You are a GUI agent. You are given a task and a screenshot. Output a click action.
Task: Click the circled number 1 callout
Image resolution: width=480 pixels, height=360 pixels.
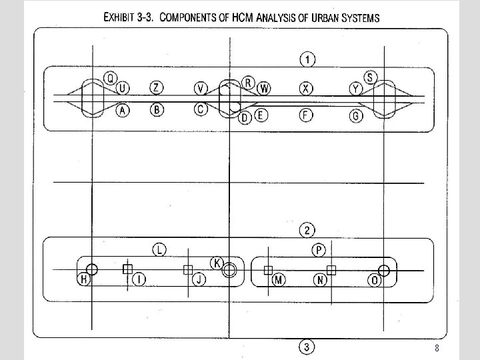pyautogui.click(x=307, y=60)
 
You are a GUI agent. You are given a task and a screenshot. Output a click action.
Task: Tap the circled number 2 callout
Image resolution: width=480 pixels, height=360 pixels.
pyautogui.click(x=307, y=231)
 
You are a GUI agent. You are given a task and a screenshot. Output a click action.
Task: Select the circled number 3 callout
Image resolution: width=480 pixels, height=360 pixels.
pyautogui.click(x=306, y=347)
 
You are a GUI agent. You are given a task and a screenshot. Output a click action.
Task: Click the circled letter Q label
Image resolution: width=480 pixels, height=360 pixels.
pyautogui.click(x=111, y=77)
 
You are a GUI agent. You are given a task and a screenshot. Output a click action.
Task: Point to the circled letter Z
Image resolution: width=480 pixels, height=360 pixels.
pyautogui.click(x=156, y=88)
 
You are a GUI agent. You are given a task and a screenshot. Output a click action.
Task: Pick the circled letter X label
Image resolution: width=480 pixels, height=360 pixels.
pyautogui.click(x=305, y=88)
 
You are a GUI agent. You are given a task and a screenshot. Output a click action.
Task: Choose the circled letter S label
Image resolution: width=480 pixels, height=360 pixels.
pyautogui.click(x=371, y=77)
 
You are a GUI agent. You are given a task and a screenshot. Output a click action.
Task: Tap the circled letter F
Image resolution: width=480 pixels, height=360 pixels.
pyautogui.click(x=305, y=115)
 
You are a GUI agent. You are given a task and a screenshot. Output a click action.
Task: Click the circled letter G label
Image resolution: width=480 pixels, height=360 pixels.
pyautogui.click(x=357, y=115)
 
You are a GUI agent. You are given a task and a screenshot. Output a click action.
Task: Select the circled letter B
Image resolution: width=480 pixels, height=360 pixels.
pyautogui.click(x=156, y=110)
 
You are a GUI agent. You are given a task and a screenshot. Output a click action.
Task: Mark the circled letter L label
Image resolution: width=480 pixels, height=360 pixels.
pyautogui.click(x=159, y=250)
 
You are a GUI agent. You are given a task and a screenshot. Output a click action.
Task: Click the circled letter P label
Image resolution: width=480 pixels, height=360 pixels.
pyautogui.click(x=319, y=250)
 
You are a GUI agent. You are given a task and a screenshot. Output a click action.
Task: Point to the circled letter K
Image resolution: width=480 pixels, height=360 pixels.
pyautogui.click(x=217, y=262)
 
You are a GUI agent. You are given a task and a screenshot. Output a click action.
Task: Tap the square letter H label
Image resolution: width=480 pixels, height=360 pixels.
pyautogui.click(x=84, y=279)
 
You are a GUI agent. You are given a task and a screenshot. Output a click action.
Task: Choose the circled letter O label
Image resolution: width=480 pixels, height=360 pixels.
pyautogui.click(x=376, y=281)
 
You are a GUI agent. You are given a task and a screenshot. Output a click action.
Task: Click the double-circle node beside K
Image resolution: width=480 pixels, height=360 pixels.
pyautogui.click(x=229, y=270)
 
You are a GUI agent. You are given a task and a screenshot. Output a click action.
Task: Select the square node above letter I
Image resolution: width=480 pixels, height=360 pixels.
pyautogui.click(x=127, y=269)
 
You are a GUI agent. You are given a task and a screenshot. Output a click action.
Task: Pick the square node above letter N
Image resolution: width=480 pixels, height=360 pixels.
pyautogui.click(x=331, y=270)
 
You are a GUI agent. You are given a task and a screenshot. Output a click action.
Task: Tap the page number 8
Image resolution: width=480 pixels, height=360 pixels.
pyautogui.click(x=437, y=348)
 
